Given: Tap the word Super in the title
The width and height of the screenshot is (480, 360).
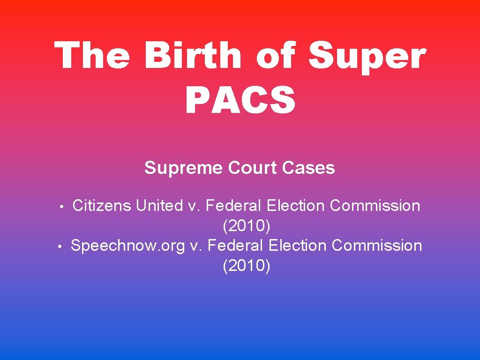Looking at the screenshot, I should [x=367, y=55].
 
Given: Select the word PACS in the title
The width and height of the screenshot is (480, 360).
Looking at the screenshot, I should [x=240, y=99].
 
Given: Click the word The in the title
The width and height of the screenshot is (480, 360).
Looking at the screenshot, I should [x=92, y=55].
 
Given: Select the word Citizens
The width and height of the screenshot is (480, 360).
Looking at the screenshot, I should [x=102, y=205].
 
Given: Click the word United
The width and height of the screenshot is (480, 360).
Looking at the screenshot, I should [x=159, y=205].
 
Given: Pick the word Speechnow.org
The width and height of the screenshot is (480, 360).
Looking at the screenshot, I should [x=128, y=245].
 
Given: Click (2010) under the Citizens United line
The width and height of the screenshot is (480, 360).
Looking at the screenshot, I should [x=247, y=226].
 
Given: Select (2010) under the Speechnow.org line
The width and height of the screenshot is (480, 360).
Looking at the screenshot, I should [x=247, y=266].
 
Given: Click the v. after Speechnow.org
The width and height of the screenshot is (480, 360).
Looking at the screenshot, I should [x=195, y=245].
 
